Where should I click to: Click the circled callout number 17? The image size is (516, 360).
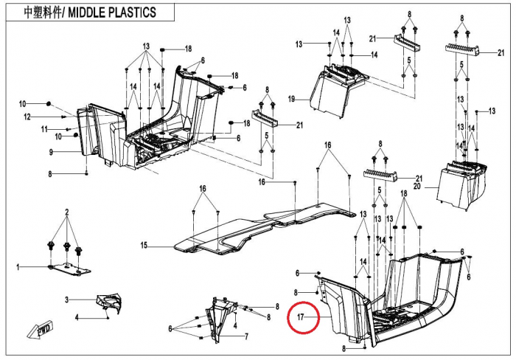pyautogui.click(x=300, y=317)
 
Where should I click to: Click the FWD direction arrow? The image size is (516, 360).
pyautogui.click(x=40, y=329)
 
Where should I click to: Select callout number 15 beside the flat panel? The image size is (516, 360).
pyautogui.click(x=144, y=246)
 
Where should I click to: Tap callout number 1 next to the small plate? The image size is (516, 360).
pyautogui.click(x=18, y=267)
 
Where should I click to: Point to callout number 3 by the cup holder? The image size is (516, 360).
pyautogui.click(x=67, y=300)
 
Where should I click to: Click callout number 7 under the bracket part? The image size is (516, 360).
pyautogui.click(x=246, y=336)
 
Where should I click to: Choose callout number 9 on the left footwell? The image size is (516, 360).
pyautogui.click(x=51, y=152)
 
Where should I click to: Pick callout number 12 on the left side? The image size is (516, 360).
pyautogui.click(x=27, y=117)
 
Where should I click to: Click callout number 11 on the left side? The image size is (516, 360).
pyautogui.click(x=44, y=129)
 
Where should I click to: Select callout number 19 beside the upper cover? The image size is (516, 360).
pyautogui.click(x=292, y=99)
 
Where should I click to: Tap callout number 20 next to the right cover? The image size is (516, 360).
pyautogui.click(x=417, y=187)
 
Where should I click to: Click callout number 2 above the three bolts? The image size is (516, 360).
pyautogui.click(x=67, y=212)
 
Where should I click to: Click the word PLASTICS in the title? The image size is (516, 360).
pyautogui.click(x=133, y=13)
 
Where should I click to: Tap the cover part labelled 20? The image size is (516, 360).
pyautogui.click(x=462, y=184)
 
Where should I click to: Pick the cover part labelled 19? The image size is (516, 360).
pyautogui.click(x=338, y=91)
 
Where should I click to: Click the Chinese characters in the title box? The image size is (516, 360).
pyautogui.click(x=43, y=13)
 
